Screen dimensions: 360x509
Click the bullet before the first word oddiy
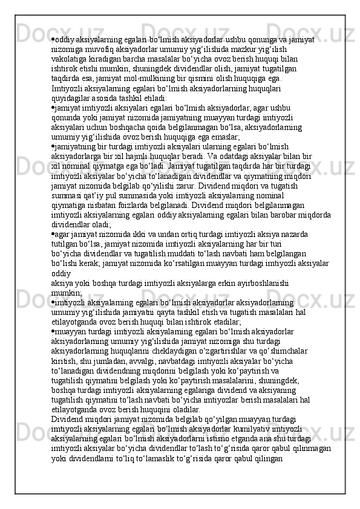point(54,39)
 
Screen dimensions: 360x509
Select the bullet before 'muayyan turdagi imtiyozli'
point(54,331)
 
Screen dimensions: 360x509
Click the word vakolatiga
point(70,59)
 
